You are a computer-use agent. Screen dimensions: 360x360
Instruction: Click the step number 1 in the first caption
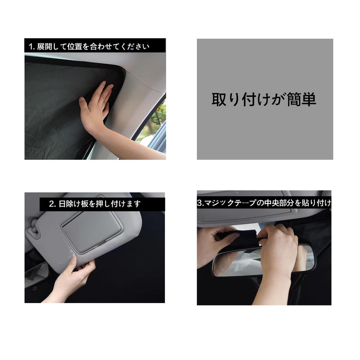(31, 46)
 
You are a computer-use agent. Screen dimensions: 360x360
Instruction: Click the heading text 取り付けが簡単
(264, 99)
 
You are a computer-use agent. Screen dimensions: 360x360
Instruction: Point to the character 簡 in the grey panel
(296, 99)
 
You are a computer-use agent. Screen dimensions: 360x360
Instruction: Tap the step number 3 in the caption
(200, 203)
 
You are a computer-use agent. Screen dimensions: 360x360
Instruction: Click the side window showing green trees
(155, 123)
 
